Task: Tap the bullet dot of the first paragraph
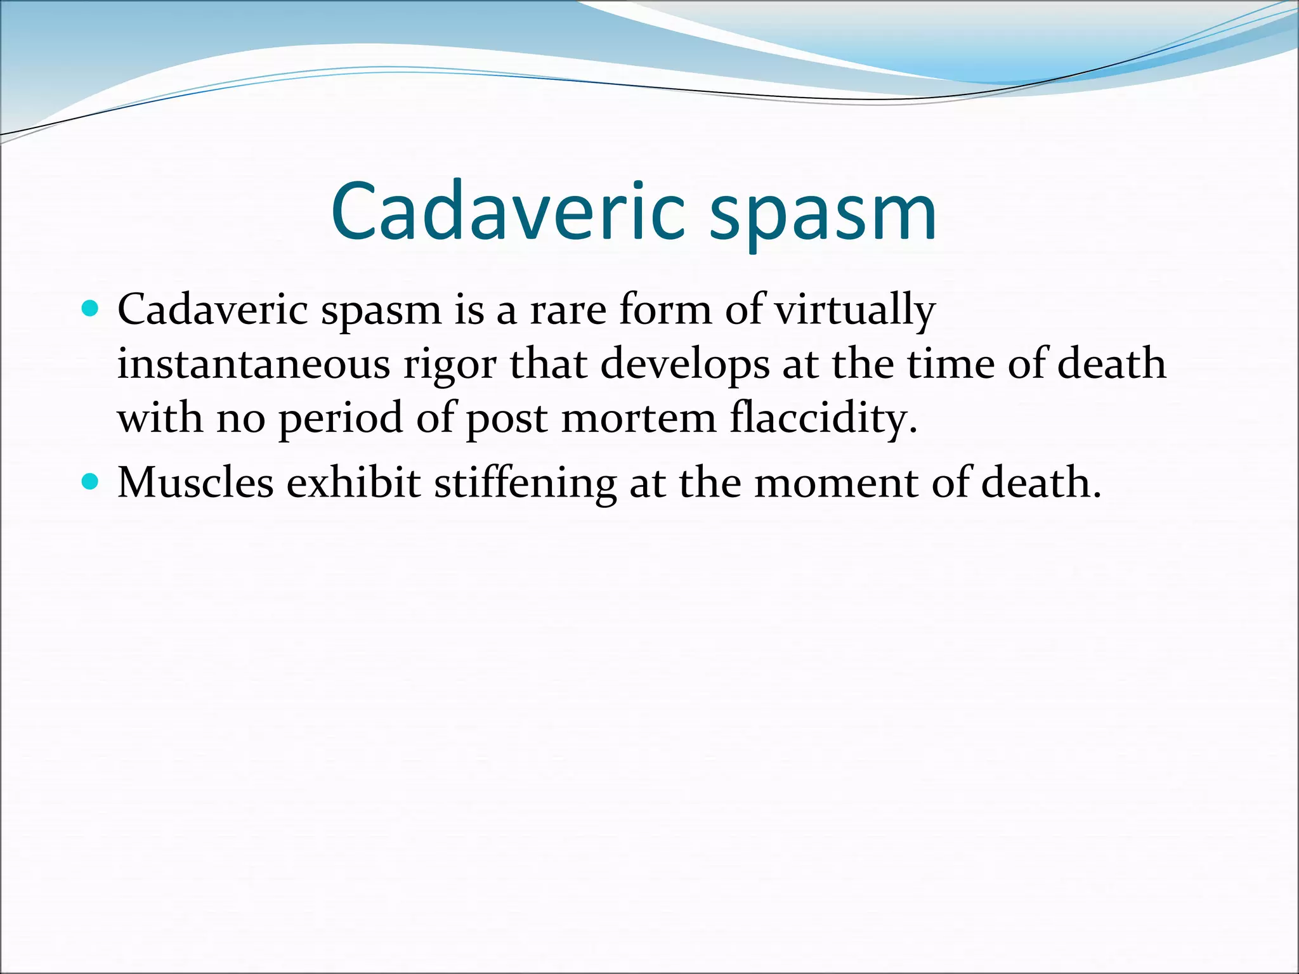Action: [x=91, y=309]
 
